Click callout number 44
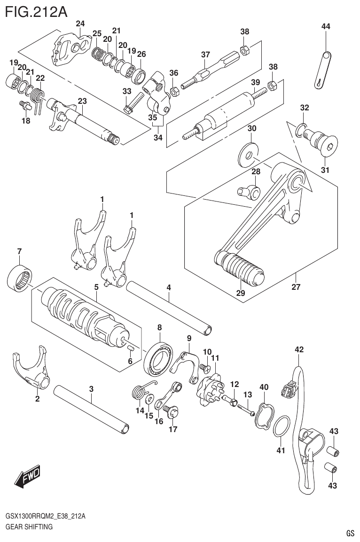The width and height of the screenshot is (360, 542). [325, 27]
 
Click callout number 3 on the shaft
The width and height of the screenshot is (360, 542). [91, 388]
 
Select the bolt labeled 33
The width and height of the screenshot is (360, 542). [134, 102]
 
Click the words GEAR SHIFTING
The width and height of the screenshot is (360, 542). [29, 527]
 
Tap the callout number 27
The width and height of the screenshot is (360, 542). [296, 286]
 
